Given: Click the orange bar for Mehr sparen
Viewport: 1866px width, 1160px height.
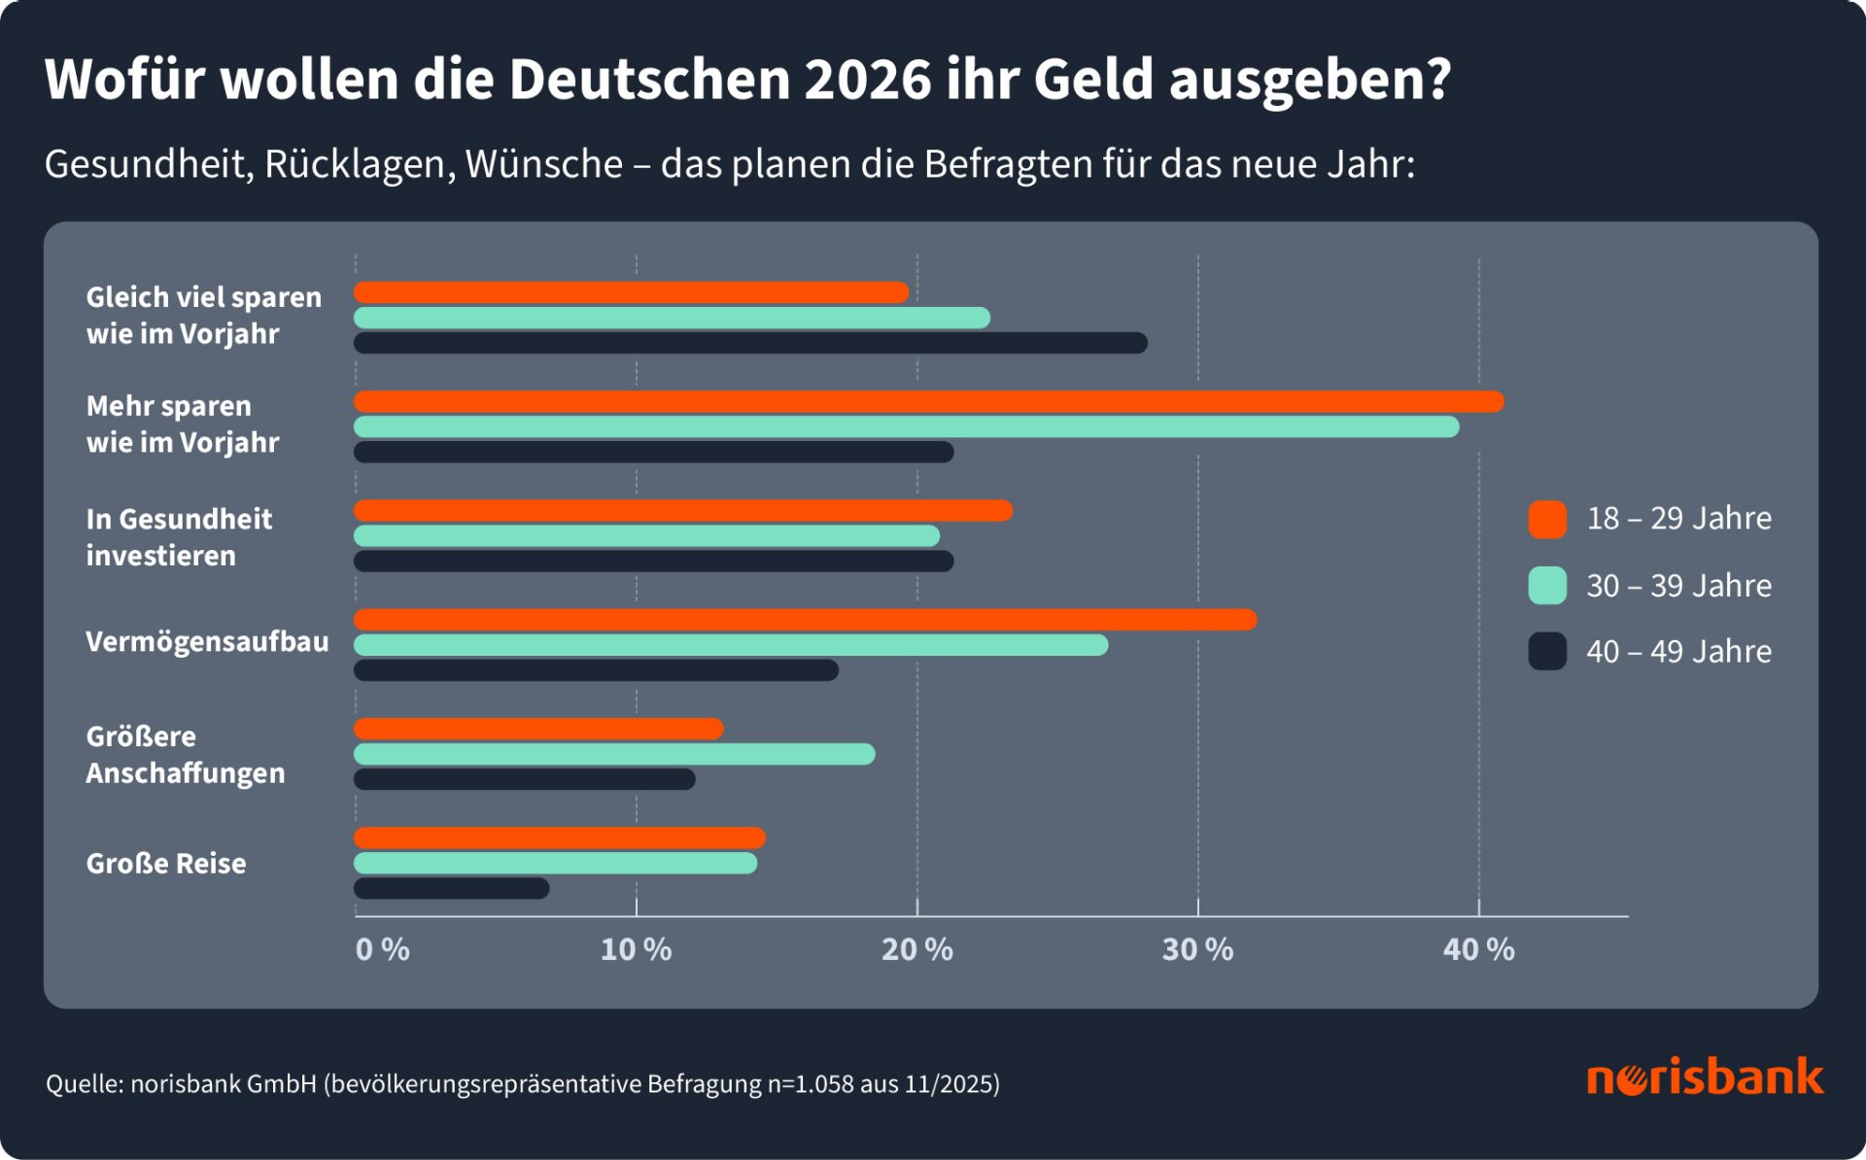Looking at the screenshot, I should pyautogui.click(x=928, y=401).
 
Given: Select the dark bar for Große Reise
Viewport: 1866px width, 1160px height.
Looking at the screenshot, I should pyautogui.click(x=452, y=888).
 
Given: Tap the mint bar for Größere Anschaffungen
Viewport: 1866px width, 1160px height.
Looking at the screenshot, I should pyautogui.click(x=614, y=754).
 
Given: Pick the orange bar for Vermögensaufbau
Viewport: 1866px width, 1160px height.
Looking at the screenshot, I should pyautogui.click(x=805, y=620).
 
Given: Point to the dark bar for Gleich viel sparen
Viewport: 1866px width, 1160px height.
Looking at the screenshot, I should pyautogui.click(x=750, y=343).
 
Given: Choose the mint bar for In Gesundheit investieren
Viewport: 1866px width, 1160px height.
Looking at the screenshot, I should pyautogui.click(x=646, y=535).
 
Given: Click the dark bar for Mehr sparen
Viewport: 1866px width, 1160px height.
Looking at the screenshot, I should pyautogui.click(x=653, y=452).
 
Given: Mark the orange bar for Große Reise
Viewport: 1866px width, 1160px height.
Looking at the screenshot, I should pyautogui.click(x=560, y=837).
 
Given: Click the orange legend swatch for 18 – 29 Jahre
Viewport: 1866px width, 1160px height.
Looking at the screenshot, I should pyautogui.click(x=1546, y=520).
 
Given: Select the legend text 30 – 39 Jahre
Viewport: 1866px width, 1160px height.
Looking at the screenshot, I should pyautogui.click(x=1678, y=586).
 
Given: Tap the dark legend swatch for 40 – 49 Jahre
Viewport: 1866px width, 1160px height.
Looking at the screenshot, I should pyautogui.click(x=1546, y=651).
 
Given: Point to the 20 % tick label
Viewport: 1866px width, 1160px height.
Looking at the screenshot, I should pyautogui.click(x=916, y=949).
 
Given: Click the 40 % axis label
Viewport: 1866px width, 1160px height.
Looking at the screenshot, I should pyautogui.click(x=1478, y=949).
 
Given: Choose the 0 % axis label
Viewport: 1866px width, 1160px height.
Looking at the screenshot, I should pyautogui.click(x=382, y=949).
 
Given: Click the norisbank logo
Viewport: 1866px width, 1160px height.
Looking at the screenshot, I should pyautogui.click(x=1705, y=1077).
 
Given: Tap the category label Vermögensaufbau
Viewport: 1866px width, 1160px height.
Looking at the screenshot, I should pyautogui.click(x=207, y=641).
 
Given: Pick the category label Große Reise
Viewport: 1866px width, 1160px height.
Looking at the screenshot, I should pyautogui.click(x=166, y=863).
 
